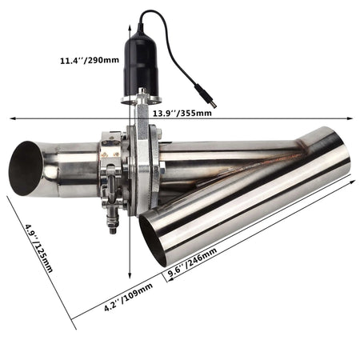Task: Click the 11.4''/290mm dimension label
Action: coord(89,60)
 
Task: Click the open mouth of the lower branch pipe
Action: coord(153,239)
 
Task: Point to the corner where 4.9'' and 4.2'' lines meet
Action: coord(73,329)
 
